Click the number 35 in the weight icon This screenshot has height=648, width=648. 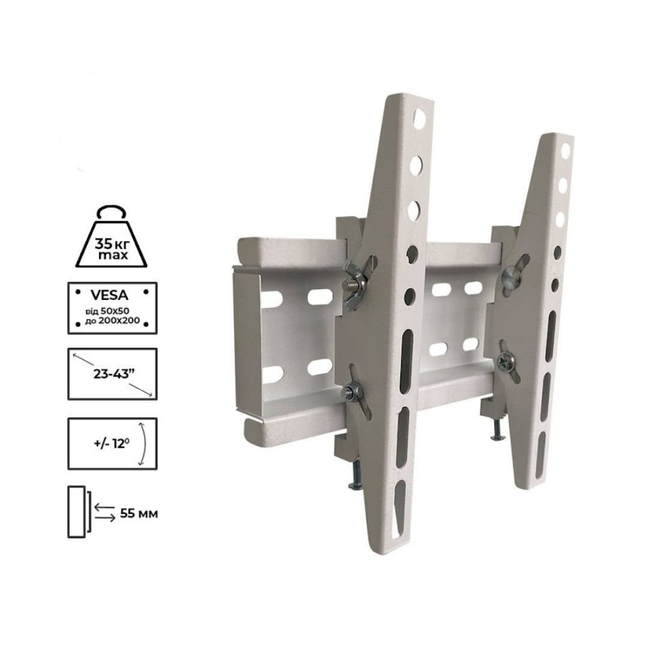(102, 244)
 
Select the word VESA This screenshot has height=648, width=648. (111, 291)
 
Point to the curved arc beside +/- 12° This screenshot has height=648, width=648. (145, 443)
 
